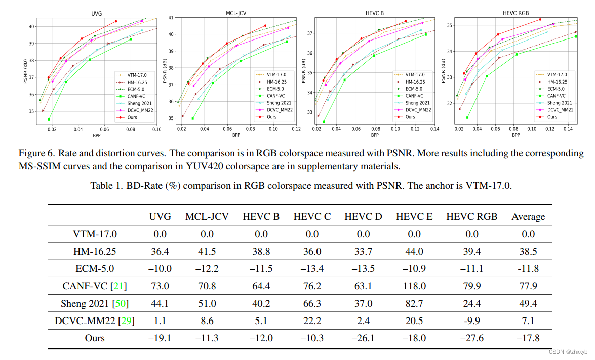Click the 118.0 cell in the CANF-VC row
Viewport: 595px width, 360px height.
point(414,286)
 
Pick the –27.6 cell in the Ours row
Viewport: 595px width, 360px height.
point(471,338)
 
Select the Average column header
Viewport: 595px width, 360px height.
point(528,217)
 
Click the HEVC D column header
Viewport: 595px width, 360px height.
point(363,217)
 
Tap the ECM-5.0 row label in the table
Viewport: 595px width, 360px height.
point(96,269)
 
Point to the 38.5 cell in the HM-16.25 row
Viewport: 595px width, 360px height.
point(528,252)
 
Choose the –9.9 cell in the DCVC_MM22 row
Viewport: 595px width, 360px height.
point(471,321)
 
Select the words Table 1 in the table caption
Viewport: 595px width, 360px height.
point(107,185)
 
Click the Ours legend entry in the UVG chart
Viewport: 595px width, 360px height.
point(132,117)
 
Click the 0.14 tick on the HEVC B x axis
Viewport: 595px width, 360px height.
point(434,130)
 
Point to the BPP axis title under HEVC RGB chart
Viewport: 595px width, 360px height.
point(515,135)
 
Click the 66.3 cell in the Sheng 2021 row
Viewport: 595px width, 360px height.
point(312,303)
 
